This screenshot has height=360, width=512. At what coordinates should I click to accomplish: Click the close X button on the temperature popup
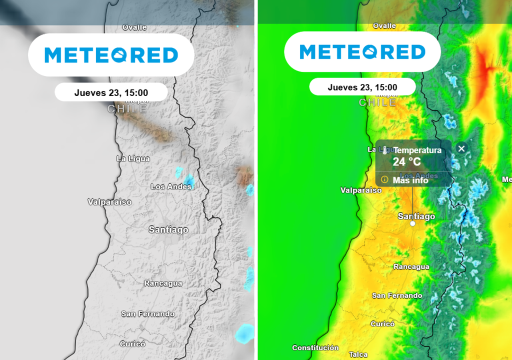click(461, 148)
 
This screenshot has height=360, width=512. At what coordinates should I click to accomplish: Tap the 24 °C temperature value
click(406, 162)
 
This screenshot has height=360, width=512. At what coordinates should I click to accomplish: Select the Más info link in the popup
click(410, 180)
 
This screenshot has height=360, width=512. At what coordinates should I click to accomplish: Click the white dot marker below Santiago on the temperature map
click(412, 224)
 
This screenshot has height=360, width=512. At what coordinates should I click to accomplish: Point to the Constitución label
click(315, 347)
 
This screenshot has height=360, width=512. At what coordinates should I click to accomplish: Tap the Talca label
click(358, 354)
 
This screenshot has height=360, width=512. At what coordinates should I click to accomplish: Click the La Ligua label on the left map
click(133, 158)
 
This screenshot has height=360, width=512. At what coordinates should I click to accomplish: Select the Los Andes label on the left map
click(171, 186)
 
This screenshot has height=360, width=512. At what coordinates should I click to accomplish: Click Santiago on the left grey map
click(168, 229)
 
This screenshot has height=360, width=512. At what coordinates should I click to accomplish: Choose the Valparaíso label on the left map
click(109, 202)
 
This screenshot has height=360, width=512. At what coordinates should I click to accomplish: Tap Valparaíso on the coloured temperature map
click(361, 190)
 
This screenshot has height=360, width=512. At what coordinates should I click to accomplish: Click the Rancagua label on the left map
click(163, 283)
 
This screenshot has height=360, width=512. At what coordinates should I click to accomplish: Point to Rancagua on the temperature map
click(411, 267)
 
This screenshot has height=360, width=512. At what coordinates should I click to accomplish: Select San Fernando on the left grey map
click(148, 314)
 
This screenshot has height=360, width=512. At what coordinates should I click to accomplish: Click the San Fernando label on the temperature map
click(397, 295)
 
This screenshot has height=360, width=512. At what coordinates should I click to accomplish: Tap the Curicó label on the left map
click(132, 344)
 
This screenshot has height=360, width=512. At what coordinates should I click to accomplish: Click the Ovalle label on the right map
click(384, 25)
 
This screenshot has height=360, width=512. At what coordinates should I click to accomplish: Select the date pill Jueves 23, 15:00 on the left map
click(111, 92)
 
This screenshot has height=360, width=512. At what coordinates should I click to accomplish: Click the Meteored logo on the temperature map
click(362, 52)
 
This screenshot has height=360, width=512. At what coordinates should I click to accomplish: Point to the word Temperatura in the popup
click(417, 150)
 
